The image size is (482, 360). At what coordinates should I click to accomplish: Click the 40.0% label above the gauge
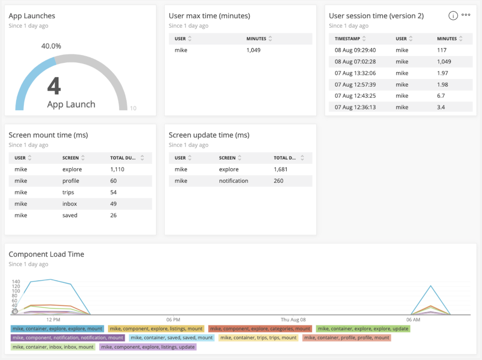51,46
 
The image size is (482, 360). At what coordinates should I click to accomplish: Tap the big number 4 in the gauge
54,86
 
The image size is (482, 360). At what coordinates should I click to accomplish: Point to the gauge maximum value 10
133,108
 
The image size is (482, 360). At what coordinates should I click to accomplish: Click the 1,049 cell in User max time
253,50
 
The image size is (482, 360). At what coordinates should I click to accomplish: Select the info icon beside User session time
453,15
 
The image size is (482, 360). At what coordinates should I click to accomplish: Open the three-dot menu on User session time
466,15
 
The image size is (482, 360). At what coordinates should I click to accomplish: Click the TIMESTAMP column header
347,39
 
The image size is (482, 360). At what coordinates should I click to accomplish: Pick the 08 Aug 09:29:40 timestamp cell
355,50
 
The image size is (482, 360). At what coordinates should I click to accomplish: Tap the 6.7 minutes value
441,96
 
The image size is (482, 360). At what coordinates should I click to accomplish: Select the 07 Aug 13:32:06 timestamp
355,73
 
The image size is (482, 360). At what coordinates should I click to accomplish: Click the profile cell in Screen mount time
71,181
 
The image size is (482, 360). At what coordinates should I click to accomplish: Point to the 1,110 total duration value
117,169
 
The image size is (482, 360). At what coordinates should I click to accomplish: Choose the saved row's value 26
113,215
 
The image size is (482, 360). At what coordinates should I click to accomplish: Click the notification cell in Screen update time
233,181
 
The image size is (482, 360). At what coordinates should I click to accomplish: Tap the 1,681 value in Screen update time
281,169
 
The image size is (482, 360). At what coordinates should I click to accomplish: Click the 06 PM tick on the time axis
173,320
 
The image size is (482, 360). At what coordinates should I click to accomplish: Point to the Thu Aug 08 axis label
293,320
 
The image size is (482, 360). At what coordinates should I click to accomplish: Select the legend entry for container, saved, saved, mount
172,338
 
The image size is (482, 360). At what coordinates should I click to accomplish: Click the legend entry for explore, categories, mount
260,329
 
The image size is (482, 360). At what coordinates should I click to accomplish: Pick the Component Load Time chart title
47,254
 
